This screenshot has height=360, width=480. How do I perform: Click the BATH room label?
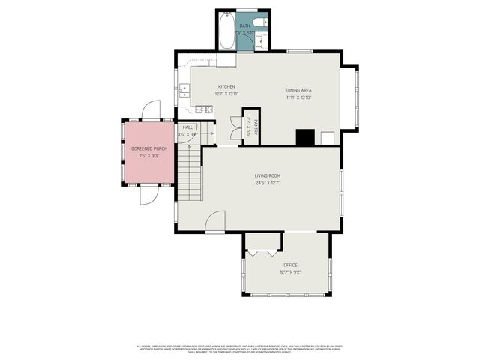coord(244,26)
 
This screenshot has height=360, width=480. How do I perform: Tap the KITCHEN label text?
coord(226,86)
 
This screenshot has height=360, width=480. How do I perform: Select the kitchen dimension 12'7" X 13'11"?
coord(226,94)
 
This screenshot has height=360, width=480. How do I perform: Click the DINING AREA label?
coord(298,89)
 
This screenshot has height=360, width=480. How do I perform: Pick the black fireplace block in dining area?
coord(304,137)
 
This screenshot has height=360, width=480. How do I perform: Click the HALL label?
coord(187,127)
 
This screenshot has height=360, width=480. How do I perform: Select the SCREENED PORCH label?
coord(150,148)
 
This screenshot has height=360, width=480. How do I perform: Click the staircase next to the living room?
coord(190,175)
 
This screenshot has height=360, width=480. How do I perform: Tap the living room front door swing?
coord(214,223)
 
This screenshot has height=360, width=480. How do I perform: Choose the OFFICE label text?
coord(290,265)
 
